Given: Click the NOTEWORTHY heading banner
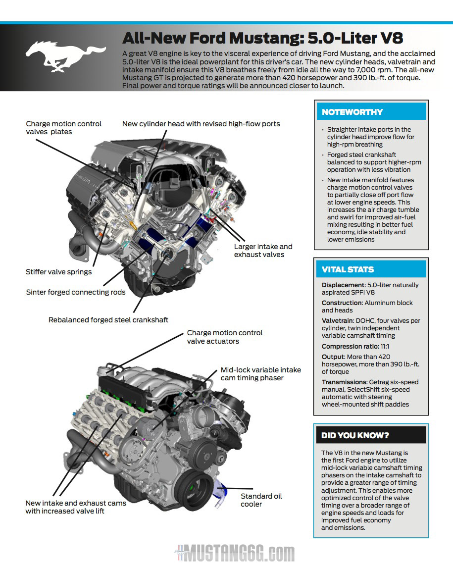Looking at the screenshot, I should point(371,112).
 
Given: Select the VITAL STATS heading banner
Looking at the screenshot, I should point(371,269).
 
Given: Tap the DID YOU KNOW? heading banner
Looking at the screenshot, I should point(371,435).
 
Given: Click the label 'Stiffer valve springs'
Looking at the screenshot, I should point(58,272).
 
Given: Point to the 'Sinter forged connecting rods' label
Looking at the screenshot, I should point(76,292).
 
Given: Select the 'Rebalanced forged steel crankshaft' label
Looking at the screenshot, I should point(108,320).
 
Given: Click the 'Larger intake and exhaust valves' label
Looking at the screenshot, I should point(263,251).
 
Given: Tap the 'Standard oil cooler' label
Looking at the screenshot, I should point(261,500).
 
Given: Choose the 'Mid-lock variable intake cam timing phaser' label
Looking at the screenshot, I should point(260,374).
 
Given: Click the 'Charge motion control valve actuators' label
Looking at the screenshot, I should point(224,337).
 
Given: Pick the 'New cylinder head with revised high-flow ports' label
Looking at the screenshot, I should point(201,124).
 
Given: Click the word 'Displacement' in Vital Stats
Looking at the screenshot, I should point(343,285).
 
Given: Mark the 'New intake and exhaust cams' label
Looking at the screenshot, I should point(76,503).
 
